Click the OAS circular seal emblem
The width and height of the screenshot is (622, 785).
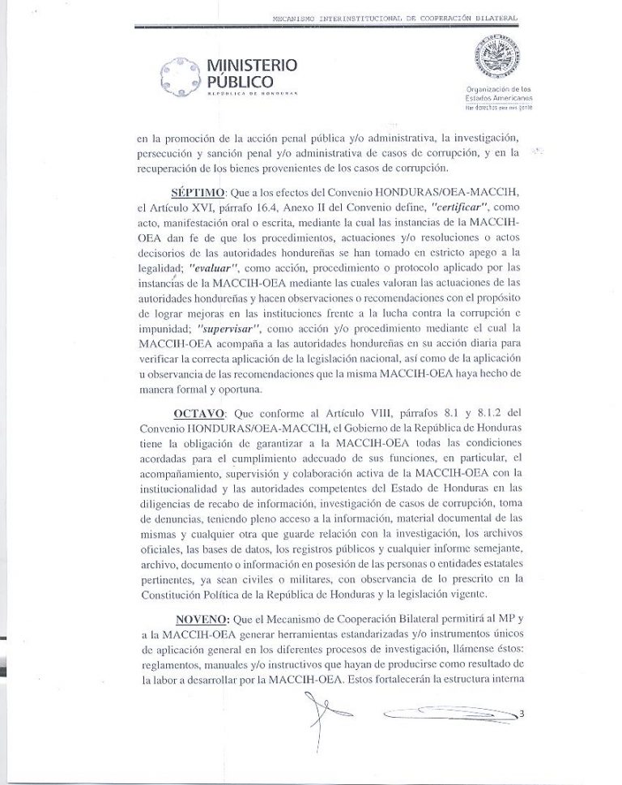497,59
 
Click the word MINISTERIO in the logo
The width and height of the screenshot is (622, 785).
252,65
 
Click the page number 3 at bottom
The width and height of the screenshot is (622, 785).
522,714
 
